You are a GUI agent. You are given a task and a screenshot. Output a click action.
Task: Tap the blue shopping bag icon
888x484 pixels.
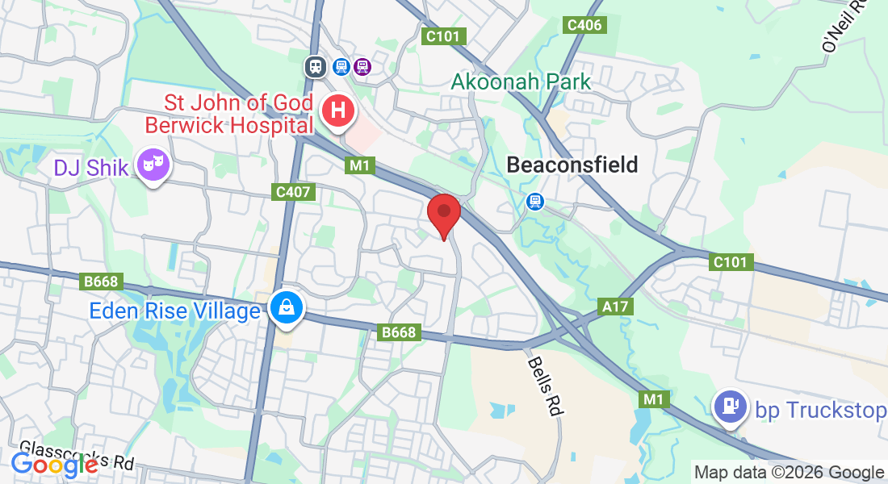tap(287, 307)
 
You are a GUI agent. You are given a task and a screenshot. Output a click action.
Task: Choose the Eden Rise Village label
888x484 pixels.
tap(175, 311)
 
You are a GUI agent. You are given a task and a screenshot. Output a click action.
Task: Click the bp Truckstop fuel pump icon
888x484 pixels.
tap(731, 407)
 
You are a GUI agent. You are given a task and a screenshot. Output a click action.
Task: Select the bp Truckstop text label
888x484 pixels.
tap(820, 411)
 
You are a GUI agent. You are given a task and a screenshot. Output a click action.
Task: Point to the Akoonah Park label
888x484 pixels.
tap(521, 81)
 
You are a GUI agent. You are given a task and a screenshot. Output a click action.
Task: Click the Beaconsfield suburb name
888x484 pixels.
tap(572, 165)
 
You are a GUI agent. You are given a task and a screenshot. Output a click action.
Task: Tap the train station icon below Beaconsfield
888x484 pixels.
tap(534, 201)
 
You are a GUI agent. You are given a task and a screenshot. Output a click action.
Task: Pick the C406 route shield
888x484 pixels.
tap(584, 25)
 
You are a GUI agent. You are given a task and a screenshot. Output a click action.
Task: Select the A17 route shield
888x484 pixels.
tap(617, 307)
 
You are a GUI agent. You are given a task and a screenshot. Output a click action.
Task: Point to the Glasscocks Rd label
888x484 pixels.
tap(77, 453)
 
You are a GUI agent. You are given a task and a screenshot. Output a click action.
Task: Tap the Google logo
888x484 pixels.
tap(54, 464)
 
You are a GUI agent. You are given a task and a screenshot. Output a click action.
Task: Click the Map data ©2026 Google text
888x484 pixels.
tap(789, 472)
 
